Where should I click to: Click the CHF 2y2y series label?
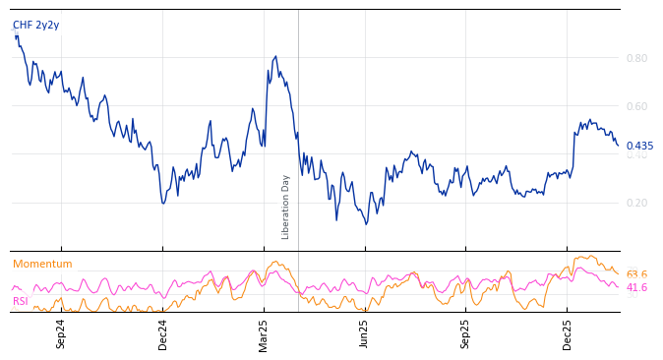[35, 26]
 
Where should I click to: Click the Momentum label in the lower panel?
[42, 265]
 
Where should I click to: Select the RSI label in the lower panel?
[21, 301]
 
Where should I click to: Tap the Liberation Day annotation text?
[286, 207]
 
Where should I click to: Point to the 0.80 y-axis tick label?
[636, 58]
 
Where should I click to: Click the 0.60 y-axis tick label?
[636, 106]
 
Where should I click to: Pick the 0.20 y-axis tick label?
[636, 203]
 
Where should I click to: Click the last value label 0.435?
[639, 146]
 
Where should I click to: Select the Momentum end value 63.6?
[636, 274]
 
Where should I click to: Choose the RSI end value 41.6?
[636, 288]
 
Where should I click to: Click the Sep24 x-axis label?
[61, 333]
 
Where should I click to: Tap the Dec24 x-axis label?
[163, 333]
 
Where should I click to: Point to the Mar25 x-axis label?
[264, 333]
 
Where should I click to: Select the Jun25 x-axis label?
[365, 333]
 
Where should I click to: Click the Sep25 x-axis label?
[466, 333]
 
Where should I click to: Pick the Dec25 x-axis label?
[568, 333]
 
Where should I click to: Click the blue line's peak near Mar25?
[275, 57]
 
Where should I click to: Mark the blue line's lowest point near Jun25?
[366, 223]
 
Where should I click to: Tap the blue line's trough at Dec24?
[163, 203]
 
